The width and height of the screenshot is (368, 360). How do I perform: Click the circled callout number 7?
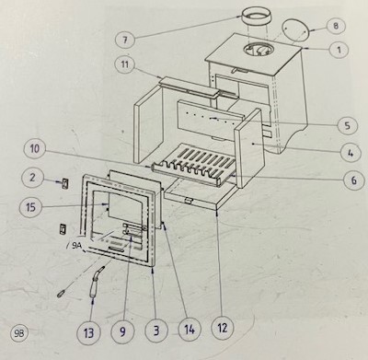(125, 40)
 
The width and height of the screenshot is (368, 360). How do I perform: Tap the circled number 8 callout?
(336, 26)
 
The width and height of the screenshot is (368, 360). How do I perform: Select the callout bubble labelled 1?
(339, 50)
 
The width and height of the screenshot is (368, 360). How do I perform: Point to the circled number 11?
(124, 65)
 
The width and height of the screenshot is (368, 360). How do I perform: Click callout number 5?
(347, 125)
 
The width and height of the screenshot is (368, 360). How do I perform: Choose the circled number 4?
(351, 152)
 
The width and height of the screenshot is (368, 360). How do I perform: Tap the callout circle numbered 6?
(354, 180)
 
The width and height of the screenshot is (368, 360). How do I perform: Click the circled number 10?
(35, 149)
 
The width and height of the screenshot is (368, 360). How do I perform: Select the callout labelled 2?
(32, 178)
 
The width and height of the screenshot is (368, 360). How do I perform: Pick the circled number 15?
(30, 207)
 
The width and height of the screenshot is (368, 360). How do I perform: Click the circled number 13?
(88, 332)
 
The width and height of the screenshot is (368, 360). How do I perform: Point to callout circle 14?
(190, 330)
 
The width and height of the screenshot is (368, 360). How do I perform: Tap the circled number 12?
(223, 328)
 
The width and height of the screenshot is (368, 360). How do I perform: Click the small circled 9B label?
(20, 333)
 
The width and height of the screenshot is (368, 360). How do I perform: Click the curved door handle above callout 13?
(96, 283)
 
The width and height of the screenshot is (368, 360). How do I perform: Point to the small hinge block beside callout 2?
(65, 183)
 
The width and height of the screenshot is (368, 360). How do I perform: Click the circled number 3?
(156, 331)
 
